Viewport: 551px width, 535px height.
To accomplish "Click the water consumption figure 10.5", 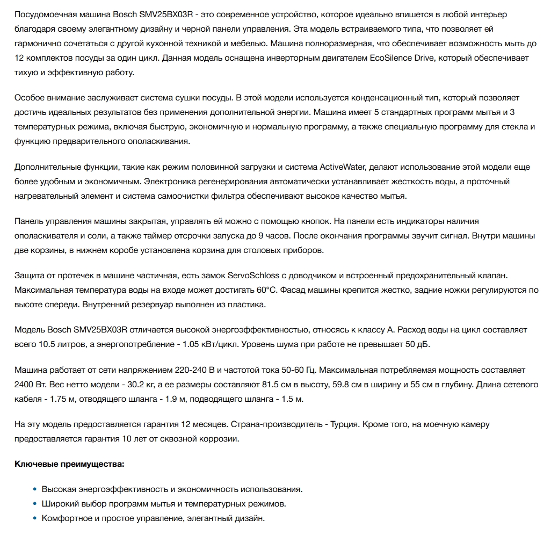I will (48, 344).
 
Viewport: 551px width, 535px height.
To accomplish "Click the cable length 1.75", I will (64, 399).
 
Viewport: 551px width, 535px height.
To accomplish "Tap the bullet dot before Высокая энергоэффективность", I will (35, 489).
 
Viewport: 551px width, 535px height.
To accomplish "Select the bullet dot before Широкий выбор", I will (35, 504).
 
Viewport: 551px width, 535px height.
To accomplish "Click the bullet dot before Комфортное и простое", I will (35, 518).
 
